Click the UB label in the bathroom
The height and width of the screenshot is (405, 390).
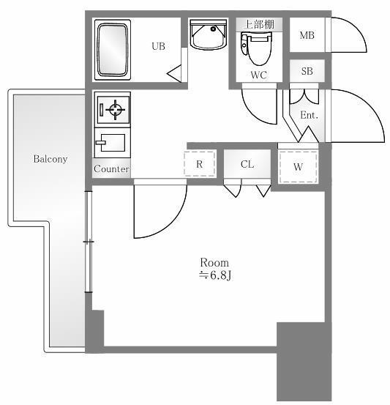(158, 46)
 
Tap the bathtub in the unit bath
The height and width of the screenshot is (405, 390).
(113, 50)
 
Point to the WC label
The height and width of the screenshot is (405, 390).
(258, 75)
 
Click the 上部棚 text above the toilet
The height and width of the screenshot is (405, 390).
(259, 24)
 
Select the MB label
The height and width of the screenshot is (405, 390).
(307, 35)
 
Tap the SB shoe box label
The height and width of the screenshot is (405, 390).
(307, 70)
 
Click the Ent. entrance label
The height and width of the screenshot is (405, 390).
(309, 114)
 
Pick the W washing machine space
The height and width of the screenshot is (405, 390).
(299, 166)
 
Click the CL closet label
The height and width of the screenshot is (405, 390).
(247, 164)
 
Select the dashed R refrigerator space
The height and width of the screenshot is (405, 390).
(199, 164)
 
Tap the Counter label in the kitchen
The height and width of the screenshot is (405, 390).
(112, 169)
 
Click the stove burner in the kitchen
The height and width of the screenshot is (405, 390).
(113, 111)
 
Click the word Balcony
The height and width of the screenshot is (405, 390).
(50, 158)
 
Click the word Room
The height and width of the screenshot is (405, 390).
(215, 262)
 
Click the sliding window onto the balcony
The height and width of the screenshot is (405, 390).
(89, 242)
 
